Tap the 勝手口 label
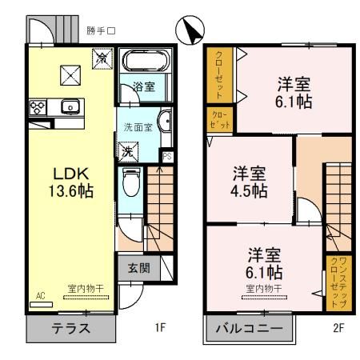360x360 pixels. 101,31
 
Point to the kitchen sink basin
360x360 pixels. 68,106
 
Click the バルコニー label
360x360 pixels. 249,329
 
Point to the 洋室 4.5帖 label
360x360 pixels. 250,182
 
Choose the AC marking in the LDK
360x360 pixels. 39,295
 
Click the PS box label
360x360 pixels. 166,156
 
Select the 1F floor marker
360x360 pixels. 159,328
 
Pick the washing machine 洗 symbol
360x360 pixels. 128,151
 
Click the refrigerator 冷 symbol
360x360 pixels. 102,58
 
